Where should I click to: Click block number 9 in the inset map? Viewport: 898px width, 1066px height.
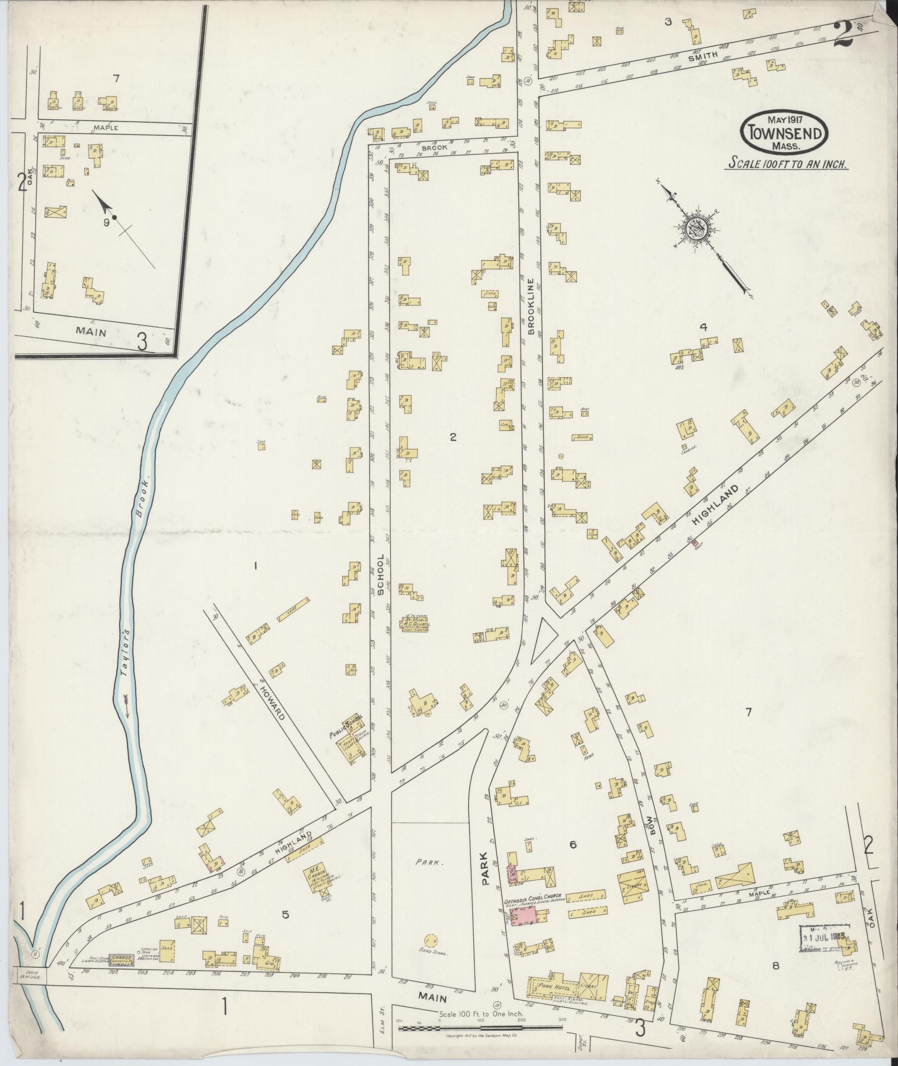click(x=105, y=222)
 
